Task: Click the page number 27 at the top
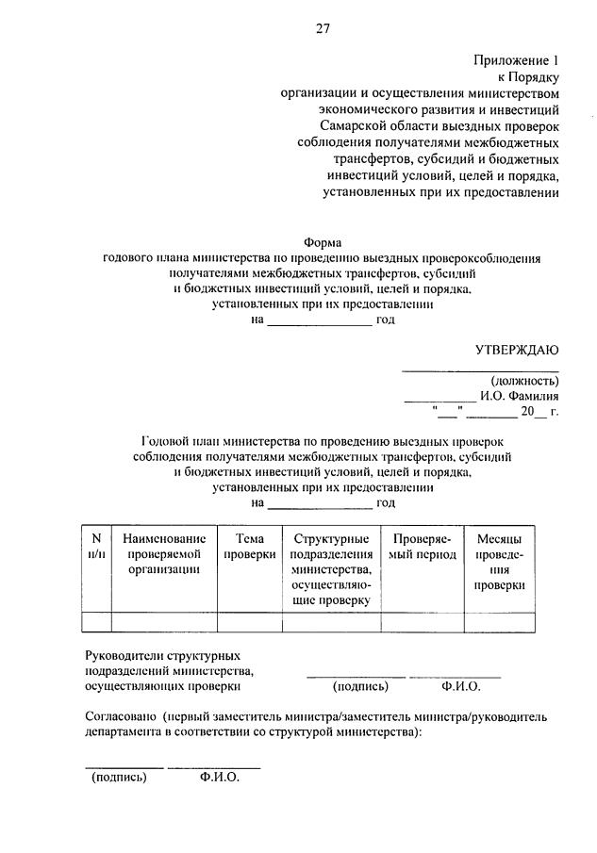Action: pos(322,28)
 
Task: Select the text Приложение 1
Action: pos(517,59)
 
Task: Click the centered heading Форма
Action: pos(322,242)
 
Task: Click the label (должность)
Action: pos(524,381)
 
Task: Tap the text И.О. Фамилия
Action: pos(519,397)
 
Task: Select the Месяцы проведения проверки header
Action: pos(499,562)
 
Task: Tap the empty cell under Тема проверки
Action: pos(250,621)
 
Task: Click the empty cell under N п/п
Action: pos(96,621)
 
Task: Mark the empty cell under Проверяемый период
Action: pos(423,621)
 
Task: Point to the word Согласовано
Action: pos(120,716)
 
